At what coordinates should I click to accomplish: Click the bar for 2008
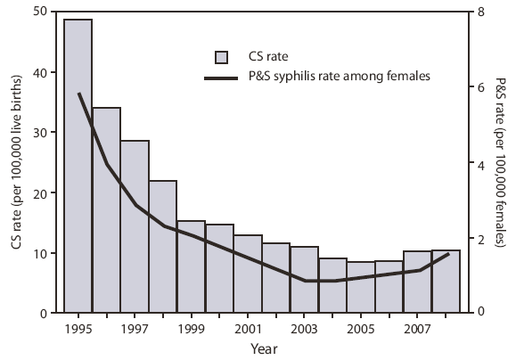tap(446, 282)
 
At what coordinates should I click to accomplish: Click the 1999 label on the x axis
tap(191, 329)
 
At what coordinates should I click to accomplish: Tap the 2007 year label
tap(417, 329)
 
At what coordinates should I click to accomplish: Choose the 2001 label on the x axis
tap(248, 329)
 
